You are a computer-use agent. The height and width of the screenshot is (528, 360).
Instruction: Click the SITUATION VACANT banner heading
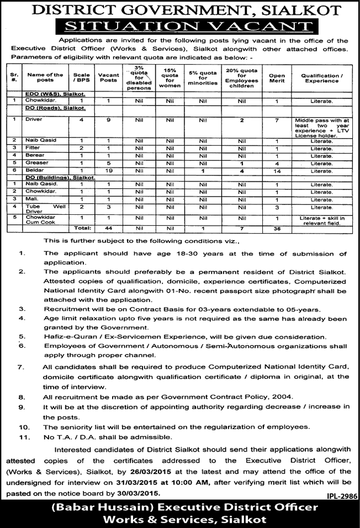pos(180,26)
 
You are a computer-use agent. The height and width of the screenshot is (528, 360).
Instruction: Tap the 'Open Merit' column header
pos(277,77)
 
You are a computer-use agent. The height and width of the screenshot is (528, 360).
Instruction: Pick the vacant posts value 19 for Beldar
pos(109,171)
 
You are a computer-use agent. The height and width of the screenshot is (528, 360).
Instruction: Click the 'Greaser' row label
pos(38,163)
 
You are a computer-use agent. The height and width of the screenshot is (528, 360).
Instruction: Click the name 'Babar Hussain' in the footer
pos(99,507)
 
